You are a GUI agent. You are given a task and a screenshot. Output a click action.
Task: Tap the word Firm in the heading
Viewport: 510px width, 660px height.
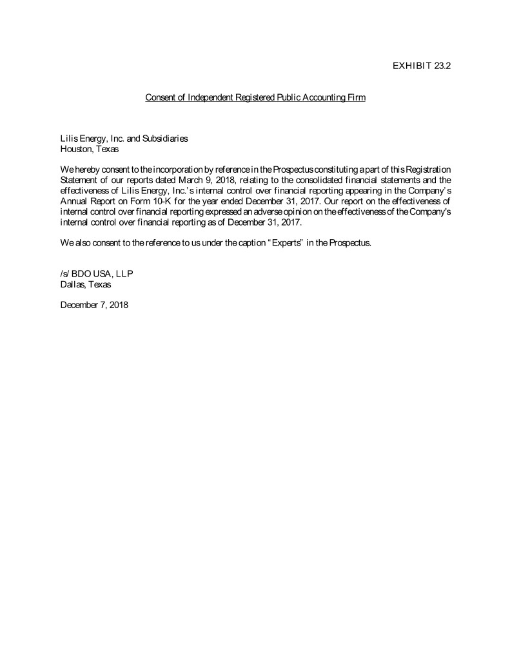357,97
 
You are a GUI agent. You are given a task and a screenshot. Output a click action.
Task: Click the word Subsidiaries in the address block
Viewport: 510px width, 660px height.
166,138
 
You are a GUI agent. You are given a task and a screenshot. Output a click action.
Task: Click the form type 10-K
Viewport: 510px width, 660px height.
168,200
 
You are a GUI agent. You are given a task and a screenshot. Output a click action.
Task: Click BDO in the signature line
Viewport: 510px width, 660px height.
81,274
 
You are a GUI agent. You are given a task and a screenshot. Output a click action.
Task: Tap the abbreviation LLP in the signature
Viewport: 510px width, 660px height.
124,274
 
